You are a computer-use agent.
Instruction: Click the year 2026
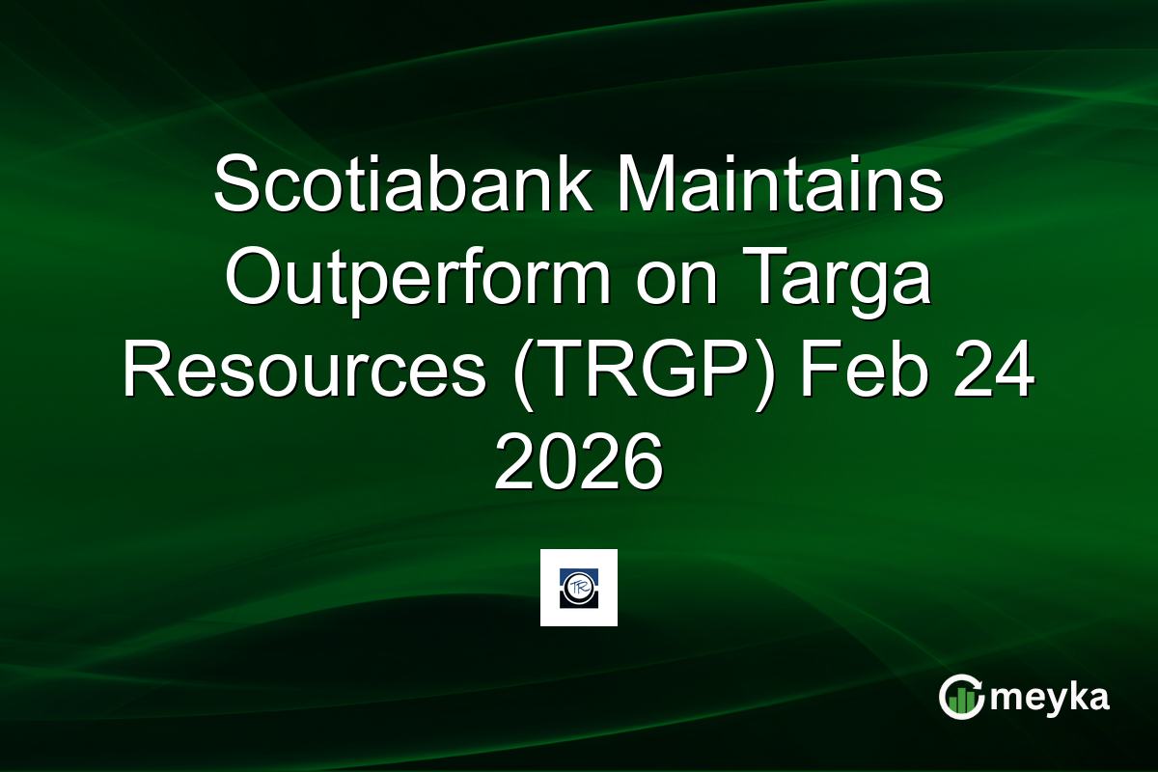pos(579,463)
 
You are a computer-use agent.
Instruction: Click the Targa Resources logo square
pos(579,588)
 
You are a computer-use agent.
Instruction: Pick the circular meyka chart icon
pos(962,697)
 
